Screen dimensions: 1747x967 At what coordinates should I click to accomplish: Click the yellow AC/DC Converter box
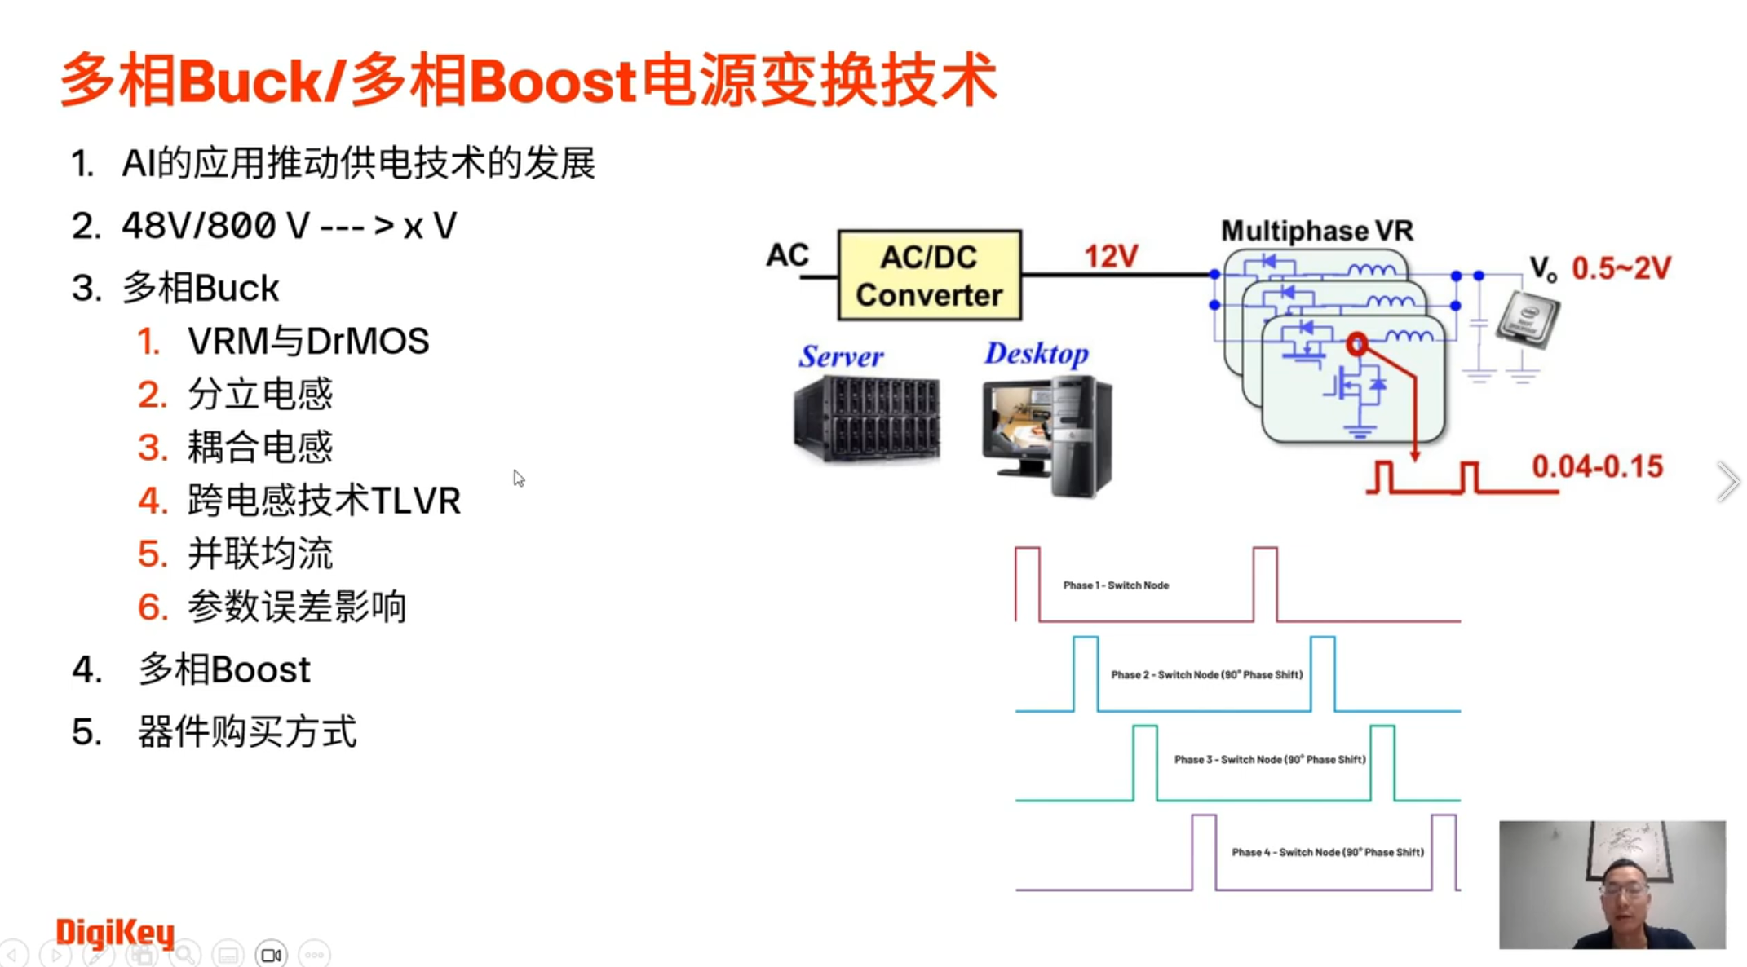[x=929, y=276]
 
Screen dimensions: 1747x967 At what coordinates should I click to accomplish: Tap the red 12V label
[x=1111, y=257]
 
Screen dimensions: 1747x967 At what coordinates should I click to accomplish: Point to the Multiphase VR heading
[x=1316, y=231]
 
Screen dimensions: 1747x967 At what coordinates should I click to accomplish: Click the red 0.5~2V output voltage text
[x=1621, y=268]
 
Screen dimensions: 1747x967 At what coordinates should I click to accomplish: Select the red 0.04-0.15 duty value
[x=1597, y=466]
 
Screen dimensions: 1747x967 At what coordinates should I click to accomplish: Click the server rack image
[x=866, y=420]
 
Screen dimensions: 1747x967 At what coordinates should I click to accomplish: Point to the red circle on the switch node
[x=1356, y=344]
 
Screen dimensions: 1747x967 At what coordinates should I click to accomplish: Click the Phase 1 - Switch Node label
[x=1116, y=585]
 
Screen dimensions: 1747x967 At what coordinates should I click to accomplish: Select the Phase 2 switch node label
[x=1206, y=675]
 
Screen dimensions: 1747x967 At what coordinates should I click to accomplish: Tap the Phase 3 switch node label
[x=1269, y=760]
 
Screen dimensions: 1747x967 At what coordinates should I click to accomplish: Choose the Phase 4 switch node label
[x=1327, y=853]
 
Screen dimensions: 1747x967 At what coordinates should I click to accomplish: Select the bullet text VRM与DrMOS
[x=308, y=342]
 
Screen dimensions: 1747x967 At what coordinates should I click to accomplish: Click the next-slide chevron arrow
[x=1727, y=481]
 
